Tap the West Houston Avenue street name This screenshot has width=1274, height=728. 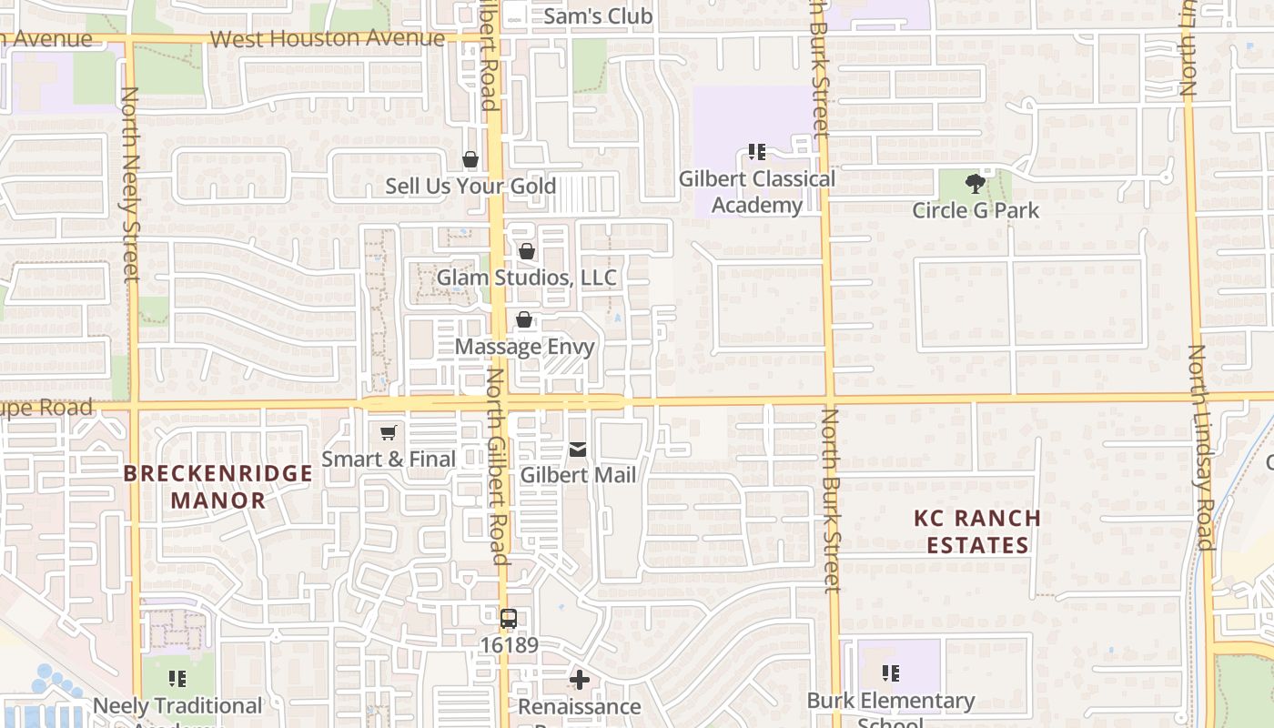(327, 39)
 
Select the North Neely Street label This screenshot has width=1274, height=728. (130, 182)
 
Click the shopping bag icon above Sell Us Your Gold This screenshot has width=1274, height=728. (470, 160)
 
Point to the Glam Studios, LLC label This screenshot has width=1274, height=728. (527, 278)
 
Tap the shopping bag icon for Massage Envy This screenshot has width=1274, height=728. (524, 319)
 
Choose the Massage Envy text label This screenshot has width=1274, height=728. (524, 347)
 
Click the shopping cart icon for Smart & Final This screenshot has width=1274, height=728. (389, 433)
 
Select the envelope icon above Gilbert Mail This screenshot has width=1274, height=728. (578, 449)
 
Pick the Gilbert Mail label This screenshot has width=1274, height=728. (578, 475)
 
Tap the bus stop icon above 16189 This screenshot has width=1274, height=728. (509, 619)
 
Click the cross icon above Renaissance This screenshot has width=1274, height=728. (580, 680)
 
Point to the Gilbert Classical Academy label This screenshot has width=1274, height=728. (757, 192)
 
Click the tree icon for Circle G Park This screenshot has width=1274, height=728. (976, 184)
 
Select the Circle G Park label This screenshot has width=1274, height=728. (976, 210)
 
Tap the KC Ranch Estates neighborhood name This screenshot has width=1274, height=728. (977, 531)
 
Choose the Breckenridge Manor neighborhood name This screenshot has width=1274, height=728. (218, 487)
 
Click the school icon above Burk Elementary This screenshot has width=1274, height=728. (891, 674)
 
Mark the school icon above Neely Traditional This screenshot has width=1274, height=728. (177, 679)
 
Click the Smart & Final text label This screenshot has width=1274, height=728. (389, 460)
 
